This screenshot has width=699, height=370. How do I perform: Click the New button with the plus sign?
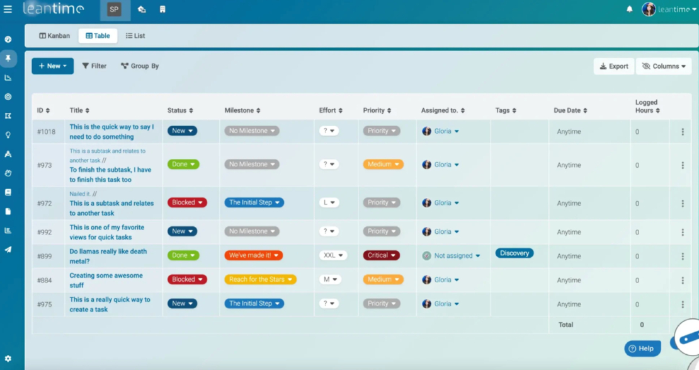(52, 66)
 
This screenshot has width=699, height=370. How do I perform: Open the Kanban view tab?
(55, 36)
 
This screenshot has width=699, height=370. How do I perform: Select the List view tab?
(135, 36)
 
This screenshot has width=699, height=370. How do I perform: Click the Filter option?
(94, 66)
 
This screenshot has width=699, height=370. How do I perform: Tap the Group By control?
(140, 66)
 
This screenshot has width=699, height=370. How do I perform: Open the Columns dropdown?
(664, 66)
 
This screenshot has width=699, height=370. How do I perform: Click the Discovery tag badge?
(514, 253)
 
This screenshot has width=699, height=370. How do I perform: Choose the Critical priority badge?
(381, 255)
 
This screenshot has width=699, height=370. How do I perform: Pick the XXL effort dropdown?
(332, 255)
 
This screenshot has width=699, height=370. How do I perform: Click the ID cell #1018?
(47, 132)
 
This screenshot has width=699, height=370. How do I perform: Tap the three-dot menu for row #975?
(683, 304)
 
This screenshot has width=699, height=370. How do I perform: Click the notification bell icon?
(629, 9)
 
